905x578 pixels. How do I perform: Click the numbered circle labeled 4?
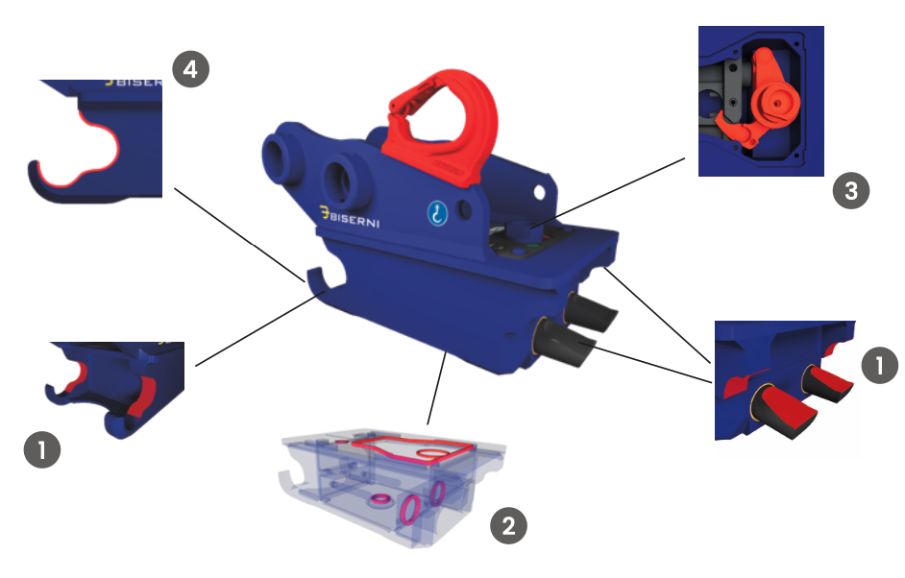coord(191,69)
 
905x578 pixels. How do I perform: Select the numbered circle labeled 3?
coord(851,191)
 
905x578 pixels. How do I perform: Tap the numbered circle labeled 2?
coord(508,525)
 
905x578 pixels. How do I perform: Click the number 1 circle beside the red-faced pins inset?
coord(880,365)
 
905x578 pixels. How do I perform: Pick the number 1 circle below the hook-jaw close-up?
coord(42,449)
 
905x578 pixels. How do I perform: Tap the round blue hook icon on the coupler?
coord(437,213)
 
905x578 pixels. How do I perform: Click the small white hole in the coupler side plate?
coord(540,192)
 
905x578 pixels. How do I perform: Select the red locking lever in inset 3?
coord(761,101)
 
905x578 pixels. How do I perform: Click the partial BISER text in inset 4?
coord(134,83)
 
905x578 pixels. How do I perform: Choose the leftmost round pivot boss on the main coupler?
coord(279,159)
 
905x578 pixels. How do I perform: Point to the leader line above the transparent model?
coord(437,387)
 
